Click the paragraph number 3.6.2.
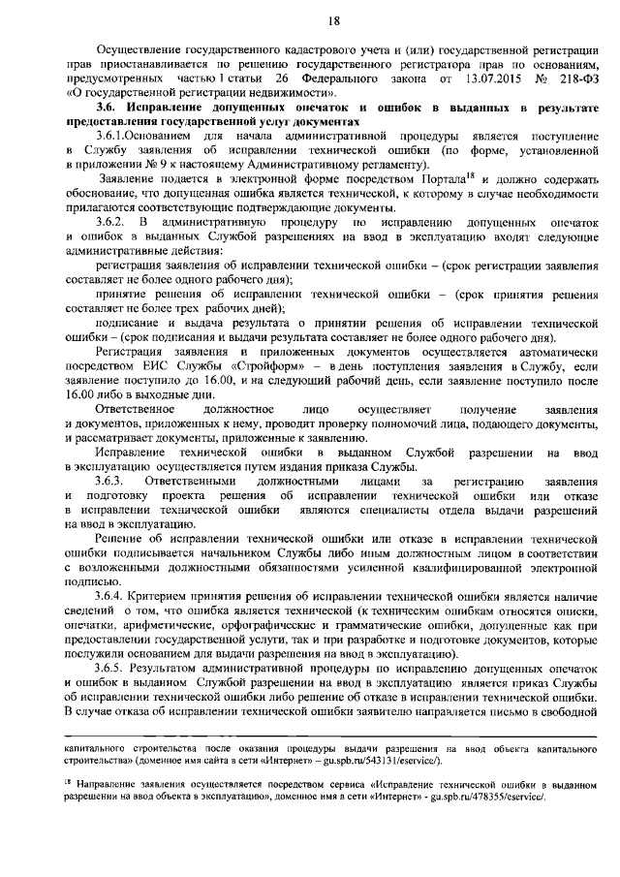coord(112,223)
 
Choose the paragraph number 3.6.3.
coord(112,482)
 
